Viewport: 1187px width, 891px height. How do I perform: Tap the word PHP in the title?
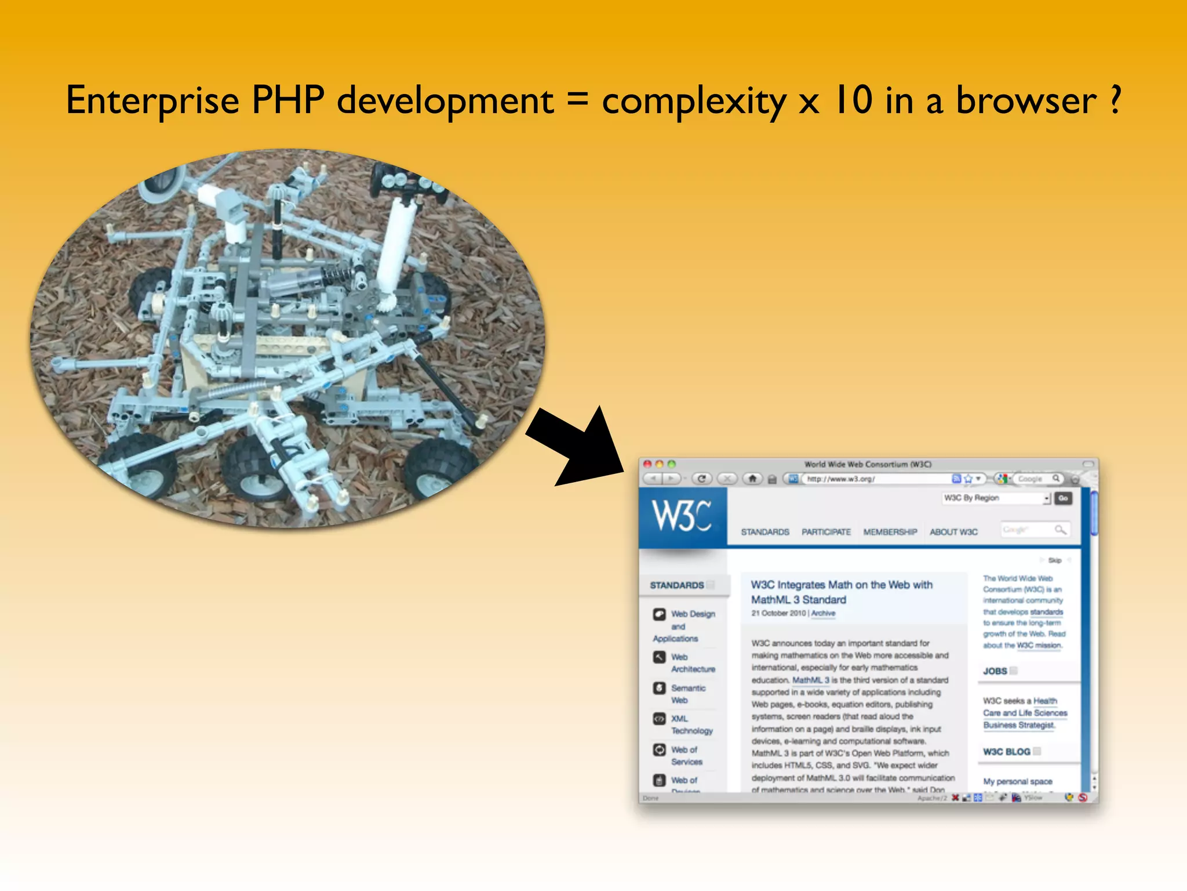[x=288, y=100]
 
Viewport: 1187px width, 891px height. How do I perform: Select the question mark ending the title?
[x=1116, y=100]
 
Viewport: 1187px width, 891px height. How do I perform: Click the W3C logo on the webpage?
[x=682, y=516]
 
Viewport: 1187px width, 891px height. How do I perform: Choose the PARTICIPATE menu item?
[x=826, y=532]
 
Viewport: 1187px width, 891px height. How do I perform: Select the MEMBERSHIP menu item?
[x=890, y=532]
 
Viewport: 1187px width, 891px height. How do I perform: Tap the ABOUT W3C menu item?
[x=953, y=532]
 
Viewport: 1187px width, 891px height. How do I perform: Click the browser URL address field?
[x=875, y=479]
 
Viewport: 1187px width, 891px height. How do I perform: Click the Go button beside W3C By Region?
[x=1063, y=498]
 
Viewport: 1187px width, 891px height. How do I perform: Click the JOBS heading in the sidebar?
[x=995, y=671]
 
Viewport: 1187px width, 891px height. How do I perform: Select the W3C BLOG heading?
[x=1007, y=752]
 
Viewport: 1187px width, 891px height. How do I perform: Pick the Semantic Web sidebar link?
[x=687, y=694]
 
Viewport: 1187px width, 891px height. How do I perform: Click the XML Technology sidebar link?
[x=691, y=725]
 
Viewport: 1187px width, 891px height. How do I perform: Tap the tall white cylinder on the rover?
[x=396, y=244]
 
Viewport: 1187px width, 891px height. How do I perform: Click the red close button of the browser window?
[x=647, y=464]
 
